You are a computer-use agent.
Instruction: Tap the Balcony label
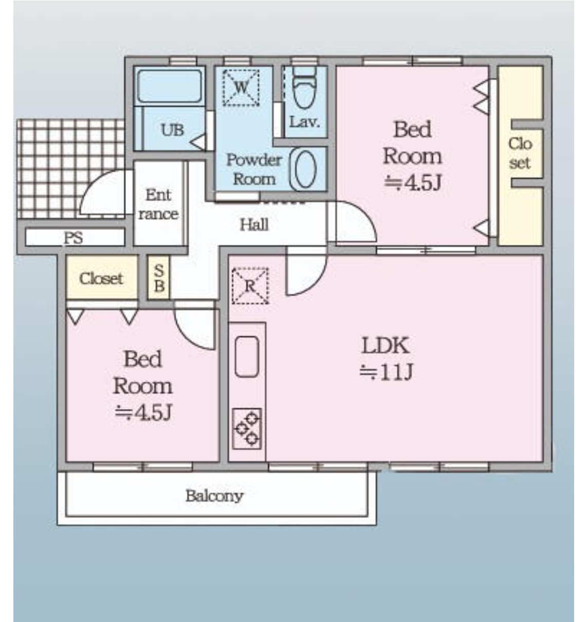click(214, 496)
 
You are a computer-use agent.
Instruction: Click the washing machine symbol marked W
click(241, 87)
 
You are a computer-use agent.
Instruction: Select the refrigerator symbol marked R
click(250, 286)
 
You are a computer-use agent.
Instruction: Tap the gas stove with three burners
click(247, 429)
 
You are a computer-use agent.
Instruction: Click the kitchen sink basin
click(247, 357)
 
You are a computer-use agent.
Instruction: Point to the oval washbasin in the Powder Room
click(306, 169)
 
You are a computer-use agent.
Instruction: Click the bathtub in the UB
click(170, 86)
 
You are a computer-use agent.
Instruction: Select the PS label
click(73, 238)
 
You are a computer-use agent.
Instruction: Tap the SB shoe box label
click(159, 278)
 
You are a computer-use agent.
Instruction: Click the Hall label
click(254, 225)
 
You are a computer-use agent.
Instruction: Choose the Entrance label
click(158, 204)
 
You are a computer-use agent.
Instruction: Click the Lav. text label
click(305, 122)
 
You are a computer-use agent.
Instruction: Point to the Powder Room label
click(254, 169)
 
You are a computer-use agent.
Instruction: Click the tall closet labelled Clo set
click(520, 155)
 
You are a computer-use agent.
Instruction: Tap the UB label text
click(172, 130)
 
